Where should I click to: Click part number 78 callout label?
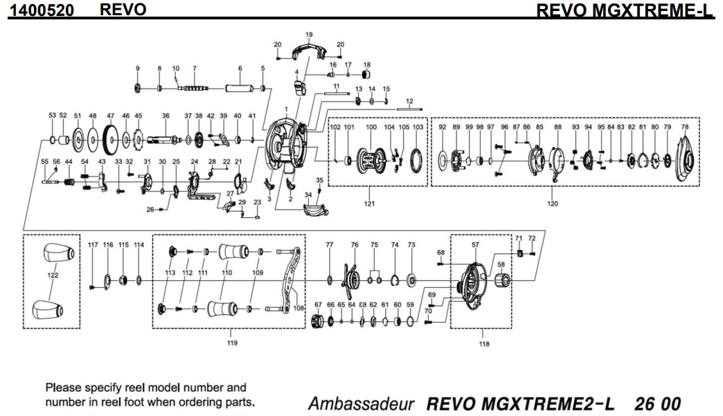point(685,127)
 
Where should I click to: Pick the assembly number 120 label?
point(552,204)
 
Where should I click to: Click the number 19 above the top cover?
point(309,34)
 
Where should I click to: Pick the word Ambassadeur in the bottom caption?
point(365,402)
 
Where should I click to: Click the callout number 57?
point(475,245)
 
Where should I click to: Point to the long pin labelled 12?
point(409,109)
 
